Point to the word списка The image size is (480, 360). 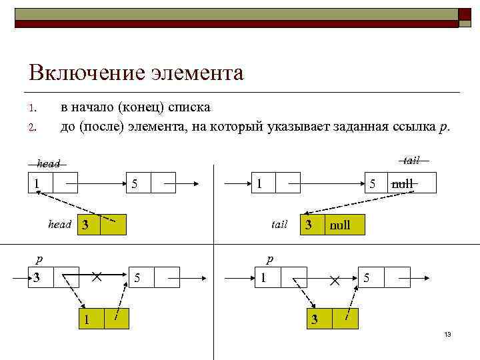tap(189, 107)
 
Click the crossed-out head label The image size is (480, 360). tap(49, 163)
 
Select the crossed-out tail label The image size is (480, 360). tap(411, 160)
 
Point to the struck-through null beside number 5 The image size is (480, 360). tap(403, 183)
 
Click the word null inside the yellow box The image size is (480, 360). tap(339, 225)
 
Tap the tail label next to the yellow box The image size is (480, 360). tap(279, 225)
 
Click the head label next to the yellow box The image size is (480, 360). tap(59, 225)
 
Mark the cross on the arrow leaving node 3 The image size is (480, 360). tap(97, 275)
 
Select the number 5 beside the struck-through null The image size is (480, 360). tap(373, 183)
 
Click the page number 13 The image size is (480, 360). tap(447, 334)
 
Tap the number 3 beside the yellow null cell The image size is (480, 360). tap(309, 225)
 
